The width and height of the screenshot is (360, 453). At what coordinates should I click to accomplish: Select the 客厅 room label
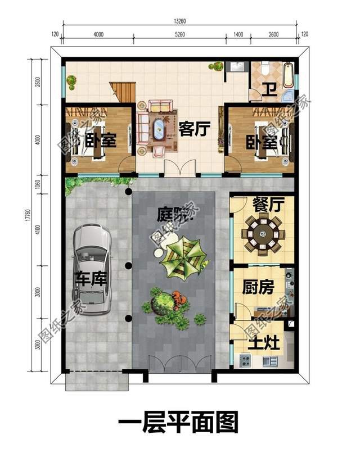coord(194,129)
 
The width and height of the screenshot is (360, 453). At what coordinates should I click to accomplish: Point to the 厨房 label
coord(258,288)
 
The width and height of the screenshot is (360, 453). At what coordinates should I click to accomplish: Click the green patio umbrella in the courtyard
coord(181,256)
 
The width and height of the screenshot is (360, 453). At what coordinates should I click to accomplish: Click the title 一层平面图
coord(179,422)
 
